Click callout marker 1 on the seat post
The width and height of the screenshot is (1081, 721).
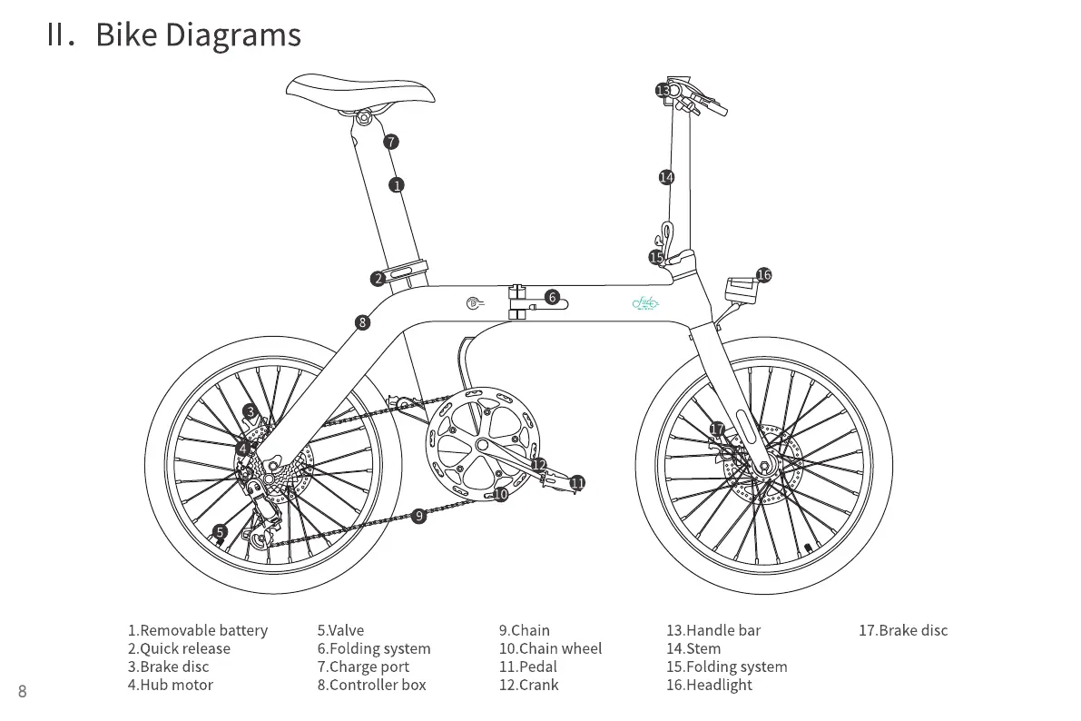click(x=397, y=185)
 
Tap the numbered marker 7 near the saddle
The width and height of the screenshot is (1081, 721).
click(x=391, y=142)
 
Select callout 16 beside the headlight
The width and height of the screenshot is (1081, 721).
click(x=763, y=275)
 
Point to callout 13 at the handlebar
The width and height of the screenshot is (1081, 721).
click(x=663, y=91)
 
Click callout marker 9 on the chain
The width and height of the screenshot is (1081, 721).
click(x=418, y=516)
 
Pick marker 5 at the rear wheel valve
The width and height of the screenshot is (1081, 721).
click(x=220, y=532)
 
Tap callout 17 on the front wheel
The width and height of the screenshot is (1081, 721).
click(x=717, y=430)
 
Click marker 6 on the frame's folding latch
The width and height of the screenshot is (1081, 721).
click(x=552, y=297)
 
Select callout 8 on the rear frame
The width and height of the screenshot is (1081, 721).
click(x=363, y=322)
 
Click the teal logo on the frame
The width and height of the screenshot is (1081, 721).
click(x=645, y=305)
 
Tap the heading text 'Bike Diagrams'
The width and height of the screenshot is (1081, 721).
click(x=198, y=35)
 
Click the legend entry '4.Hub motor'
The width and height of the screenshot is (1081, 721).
click(x=170, y=685)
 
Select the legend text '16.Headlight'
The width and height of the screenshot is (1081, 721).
click(x=709, y=685)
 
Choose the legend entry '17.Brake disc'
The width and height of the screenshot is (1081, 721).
click(x=903, y=630)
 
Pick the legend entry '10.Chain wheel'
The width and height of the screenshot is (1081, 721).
click(x=550, y=648)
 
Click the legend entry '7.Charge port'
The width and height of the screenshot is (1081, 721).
click(x=363, y=667)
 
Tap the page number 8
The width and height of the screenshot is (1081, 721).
click(x=23, y=692)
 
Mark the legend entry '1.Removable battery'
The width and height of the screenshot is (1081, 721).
click(x=198, y=630)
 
